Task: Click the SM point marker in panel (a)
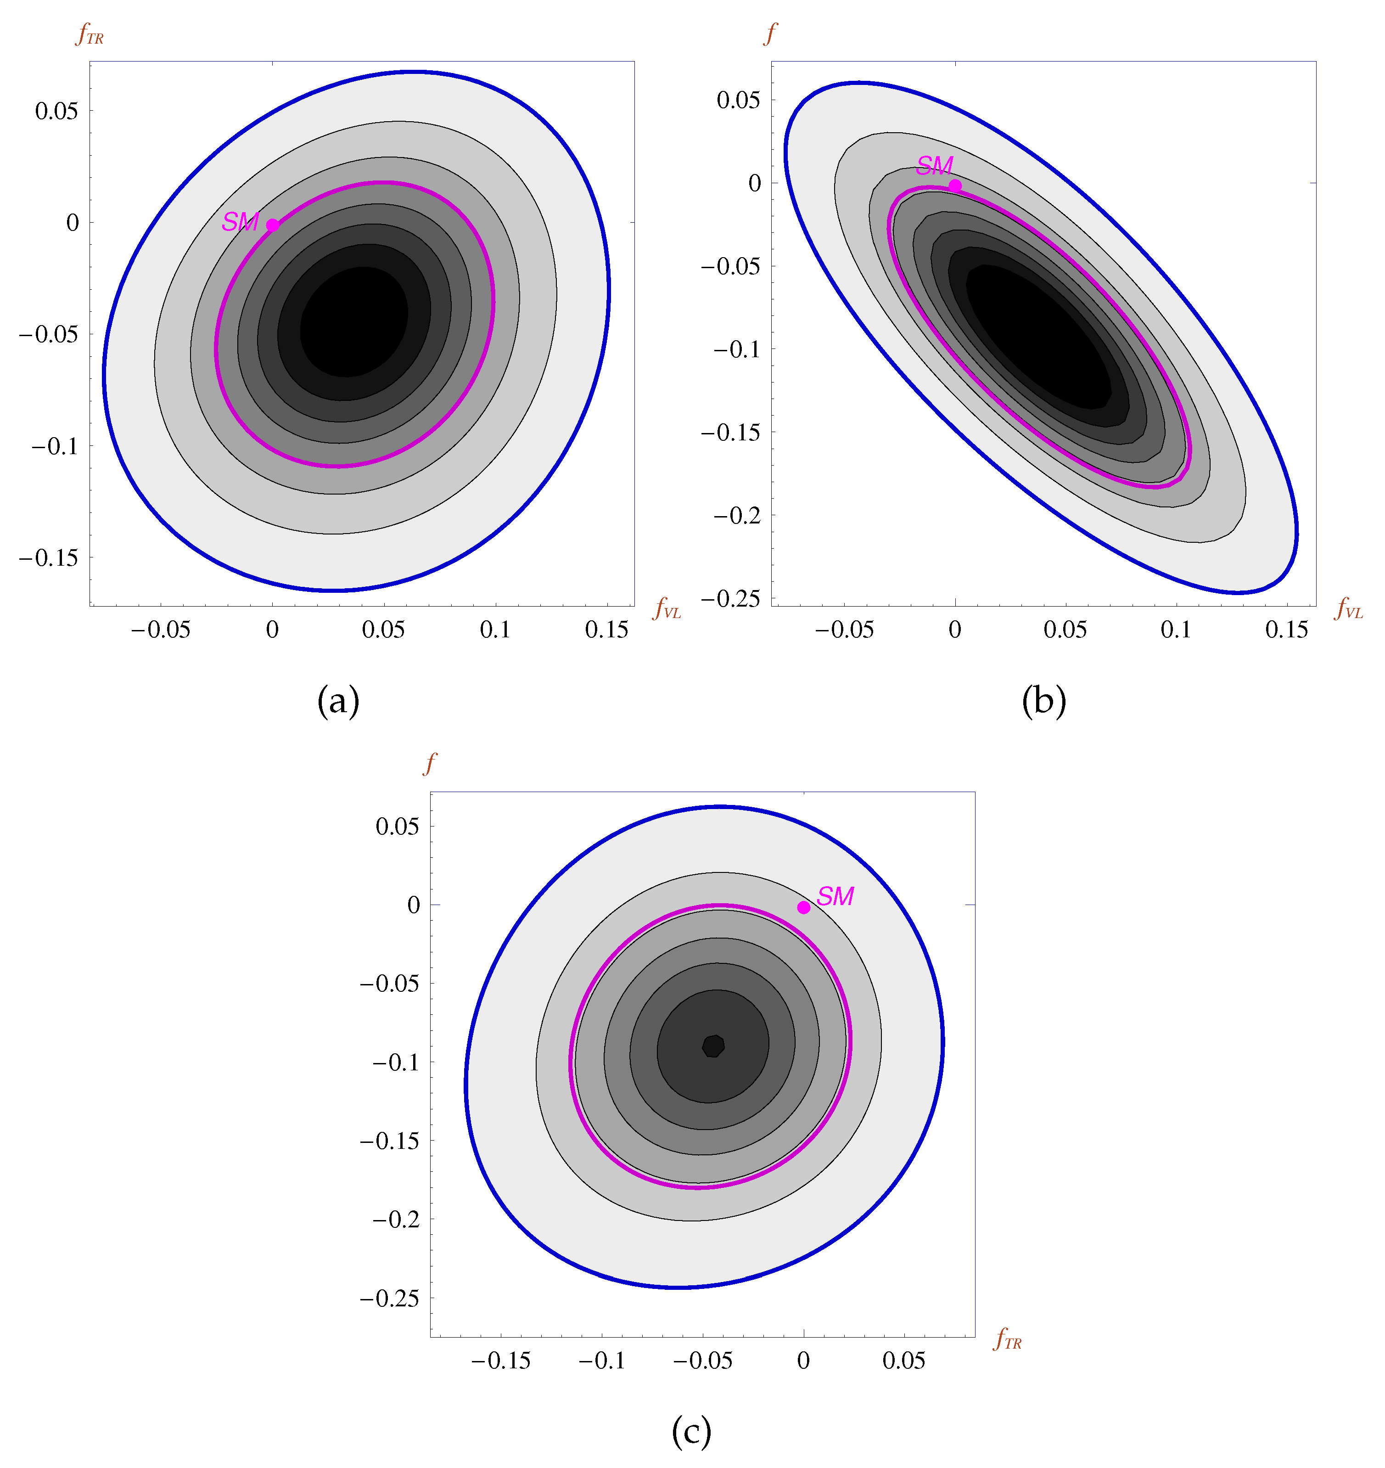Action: tap(272, 225)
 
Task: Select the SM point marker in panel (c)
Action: tap(803, 907)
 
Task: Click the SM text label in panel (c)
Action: tap(835, 896)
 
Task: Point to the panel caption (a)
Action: tap(338, 700)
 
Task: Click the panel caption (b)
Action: tap(1043, 700)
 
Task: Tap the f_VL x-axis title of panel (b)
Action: tap(1348, 608)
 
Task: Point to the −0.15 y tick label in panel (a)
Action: tap(49, 557)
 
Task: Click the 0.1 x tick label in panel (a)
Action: tap(495, 630)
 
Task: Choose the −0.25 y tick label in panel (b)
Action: tap(730, 598)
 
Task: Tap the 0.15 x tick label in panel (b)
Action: tap(1286, 630)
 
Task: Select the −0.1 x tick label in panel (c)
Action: tap(602, 1360)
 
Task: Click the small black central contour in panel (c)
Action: tap(713, 1046)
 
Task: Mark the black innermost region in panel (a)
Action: tap(354, 321)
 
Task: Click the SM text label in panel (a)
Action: tap(240, 221)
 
